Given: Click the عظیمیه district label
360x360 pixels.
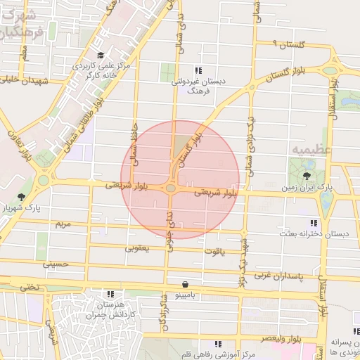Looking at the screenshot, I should tap(308, 150).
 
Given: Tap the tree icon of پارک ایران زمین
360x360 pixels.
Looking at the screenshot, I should tap(307, 176).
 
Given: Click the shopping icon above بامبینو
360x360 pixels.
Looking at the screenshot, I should tap(185, 284).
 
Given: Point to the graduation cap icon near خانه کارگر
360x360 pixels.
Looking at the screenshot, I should tap(101, 55).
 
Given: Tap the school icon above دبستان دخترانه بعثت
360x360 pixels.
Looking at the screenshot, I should tap(314, 222).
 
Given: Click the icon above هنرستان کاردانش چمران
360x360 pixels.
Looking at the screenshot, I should tap(110, 294).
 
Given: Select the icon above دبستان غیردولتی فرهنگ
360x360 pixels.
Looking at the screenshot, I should tap(198, 70).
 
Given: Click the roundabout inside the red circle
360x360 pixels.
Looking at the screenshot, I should tap(172, 188).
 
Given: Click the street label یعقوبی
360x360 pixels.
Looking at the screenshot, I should tap(137, 247).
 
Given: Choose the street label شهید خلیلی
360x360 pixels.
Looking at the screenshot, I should tap(25, 81).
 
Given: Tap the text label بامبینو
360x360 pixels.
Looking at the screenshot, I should tap(187, 296).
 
